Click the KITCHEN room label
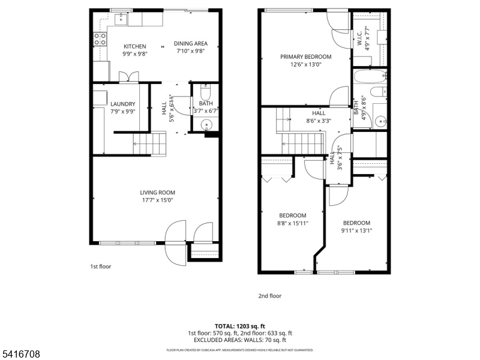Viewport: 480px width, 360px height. point(134,47)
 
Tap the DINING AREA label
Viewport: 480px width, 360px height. point(191,43)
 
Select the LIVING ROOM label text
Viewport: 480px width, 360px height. point(158,193)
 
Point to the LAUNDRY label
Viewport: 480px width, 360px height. point(123,104)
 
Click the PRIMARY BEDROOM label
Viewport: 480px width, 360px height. point(306,56)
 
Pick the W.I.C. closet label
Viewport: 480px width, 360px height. point(359,38)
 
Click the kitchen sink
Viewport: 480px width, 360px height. point(121,19)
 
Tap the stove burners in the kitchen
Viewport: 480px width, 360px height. point(100,39)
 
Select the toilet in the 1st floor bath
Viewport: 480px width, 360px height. point(205,92)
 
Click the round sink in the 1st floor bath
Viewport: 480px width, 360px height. point(206,125)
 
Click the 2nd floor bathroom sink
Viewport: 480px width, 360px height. point(381,122)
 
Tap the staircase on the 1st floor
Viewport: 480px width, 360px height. point(149,143)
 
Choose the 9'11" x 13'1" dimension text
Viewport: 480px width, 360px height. point(356,230)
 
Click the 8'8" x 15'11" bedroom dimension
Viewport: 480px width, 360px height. point(293,223)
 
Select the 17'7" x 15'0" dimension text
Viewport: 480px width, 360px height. point(158,200)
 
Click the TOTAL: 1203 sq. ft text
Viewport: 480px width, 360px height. point(239,326)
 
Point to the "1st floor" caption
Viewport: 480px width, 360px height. point(100,266)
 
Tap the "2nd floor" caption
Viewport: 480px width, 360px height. point(269,296)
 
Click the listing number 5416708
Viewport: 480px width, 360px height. point(20,354)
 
